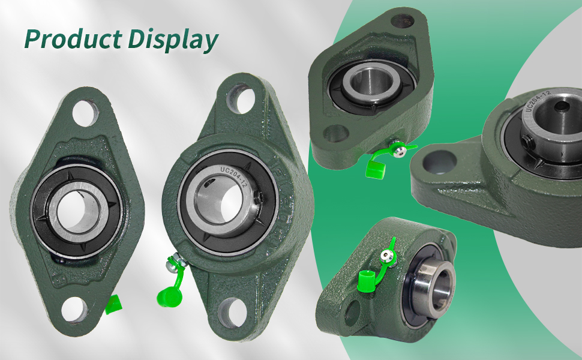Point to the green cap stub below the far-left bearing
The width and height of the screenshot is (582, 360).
pos(113,305)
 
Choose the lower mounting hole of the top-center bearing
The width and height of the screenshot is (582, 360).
pos(335,132)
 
